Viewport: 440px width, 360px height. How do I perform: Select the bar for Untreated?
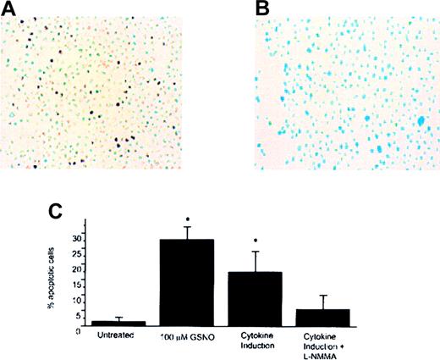[x=118, y=324]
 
